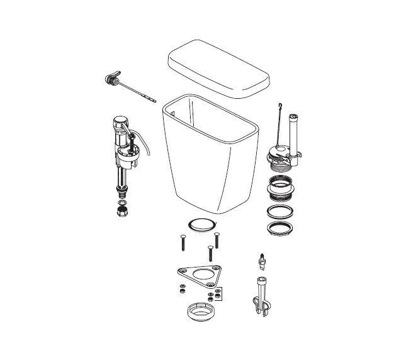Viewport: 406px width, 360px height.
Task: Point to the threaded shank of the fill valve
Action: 121,186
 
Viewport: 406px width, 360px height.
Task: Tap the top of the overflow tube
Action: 292,116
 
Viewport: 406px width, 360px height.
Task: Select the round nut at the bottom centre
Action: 202,313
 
